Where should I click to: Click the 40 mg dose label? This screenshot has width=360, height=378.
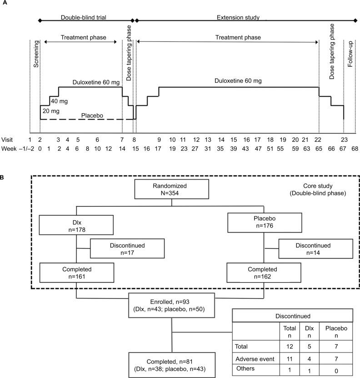[57, 100]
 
